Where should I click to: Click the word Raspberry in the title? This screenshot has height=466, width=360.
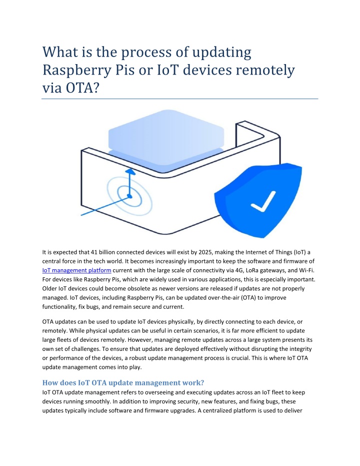[76, 70]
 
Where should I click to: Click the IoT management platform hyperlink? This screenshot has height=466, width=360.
[76, 270]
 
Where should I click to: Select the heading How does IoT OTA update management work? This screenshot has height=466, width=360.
[123, 382]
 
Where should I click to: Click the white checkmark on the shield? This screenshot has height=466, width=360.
[262, 201]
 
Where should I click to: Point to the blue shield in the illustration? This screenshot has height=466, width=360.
[258, 200]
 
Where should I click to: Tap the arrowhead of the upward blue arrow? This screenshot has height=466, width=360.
[130, 172]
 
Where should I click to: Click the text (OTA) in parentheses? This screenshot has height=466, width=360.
[248, 298]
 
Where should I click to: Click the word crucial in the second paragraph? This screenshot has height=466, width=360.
[240, 358]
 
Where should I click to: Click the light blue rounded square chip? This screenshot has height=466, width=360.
[166, 138]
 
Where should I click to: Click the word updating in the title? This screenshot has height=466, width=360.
[221, 53]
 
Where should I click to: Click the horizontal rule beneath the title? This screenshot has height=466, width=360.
[180, 99]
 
